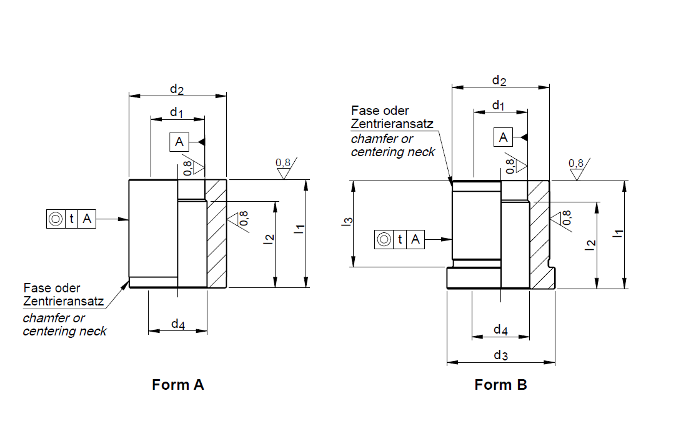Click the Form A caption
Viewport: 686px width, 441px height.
click(x=177, y=384)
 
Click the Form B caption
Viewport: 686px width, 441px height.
click(x=500, y=384)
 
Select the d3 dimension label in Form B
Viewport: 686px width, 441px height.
click(x=500, y=355)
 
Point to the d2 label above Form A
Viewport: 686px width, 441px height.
click(x=177, y=89)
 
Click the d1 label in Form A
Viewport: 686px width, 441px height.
click(x=177, y=112)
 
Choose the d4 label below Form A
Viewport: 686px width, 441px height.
click(x=178, y=325)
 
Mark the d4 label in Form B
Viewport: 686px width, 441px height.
click(x=500, y=329)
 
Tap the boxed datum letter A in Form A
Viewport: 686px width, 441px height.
click(x=179, y=142)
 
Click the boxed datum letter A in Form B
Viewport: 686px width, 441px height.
click(x=503, y=136)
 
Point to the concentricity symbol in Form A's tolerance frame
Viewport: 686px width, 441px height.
click(x=55, y=219)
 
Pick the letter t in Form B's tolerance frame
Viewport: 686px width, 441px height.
click(x=399, y=239)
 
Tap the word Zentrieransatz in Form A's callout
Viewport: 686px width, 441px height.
click(x=63, y=301)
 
